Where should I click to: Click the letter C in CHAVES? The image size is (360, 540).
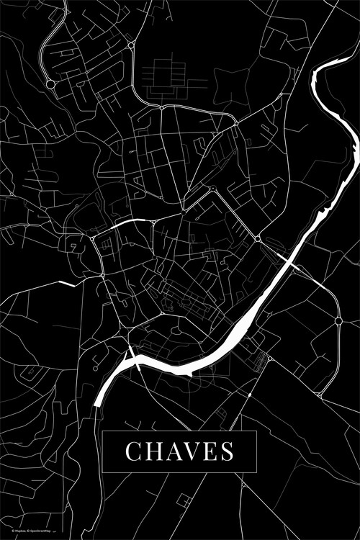(134, 452)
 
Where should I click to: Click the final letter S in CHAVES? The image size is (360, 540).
(226, 452)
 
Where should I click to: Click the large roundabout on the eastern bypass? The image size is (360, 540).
(338, 320)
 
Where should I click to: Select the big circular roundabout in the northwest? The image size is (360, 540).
(50, 84)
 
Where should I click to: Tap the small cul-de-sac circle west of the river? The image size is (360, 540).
(268, 357)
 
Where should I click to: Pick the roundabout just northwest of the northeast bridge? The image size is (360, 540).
(258, 238)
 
